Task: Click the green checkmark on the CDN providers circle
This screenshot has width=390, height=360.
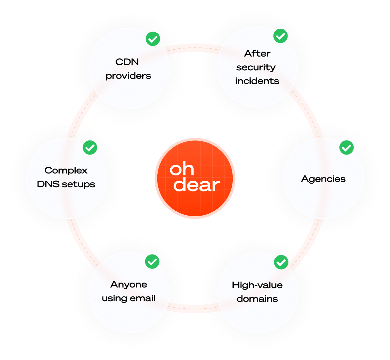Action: pyautogui.click(x=152, y=39)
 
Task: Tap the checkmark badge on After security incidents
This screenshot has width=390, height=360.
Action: pyautogui.click(x=280, y=36)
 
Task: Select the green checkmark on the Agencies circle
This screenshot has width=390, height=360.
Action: pyautogui.click(x=347, y=148)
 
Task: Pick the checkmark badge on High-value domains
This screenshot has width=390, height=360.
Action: pyautogui.click(x=281, y=262)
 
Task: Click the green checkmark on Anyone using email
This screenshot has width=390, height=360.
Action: pyautogui.click(x=152, y=261)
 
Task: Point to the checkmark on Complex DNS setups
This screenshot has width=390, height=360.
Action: pyautogui.click(x=90, y=148)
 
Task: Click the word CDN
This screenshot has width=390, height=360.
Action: pyautogui.click(x=127, y=62)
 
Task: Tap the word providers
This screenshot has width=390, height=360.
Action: pyautogui.click(x=128, y=76)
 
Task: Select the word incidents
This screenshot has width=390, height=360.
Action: pyautogui.click(x=257, y=81)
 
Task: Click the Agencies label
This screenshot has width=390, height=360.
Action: pyautogui.click(x=323, y=179)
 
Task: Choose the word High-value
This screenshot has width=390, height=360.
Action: pyautogui.click(x=257, y=285)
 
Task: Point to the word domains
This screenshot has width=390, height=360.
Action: pyautogui.click(x=257, y=299)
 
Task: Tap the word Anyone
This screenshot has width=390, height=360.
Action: pyautogui.click(x=129, y=285)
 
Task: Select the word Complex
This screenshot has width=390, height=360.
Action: pyautogui.click(x=66, y=171)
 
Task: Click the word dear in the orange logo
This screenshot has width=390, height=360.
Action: pyautogui.click(x=196, y=185)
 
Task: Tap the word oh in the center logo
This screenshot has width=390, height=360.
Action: pyautogui.click(x=182, y=169)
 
